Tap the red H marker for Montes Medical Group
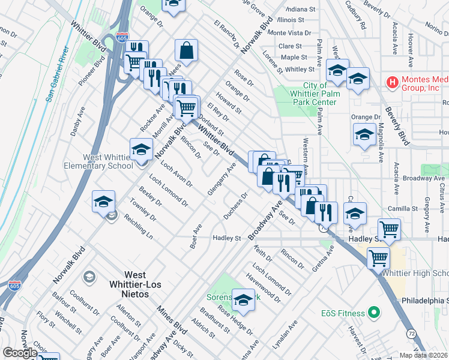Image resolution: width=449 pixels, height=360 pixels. [x=393, y=81]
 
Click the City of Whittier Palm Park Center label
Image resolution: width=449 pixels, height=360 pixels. [x=313, y=94]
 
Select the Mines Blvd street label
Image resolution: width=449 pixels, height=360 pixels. [x=168, y=320]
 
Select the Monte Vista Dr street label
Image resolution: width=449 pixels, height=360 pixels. [x=289, y=33]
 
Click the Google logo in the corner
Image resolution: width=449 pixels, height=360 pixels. [x=20, y=352]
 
